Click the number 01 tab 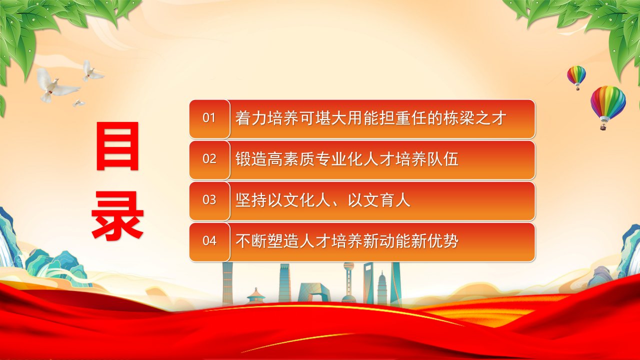tap(209, 119)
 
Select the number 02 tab tap(209, 160)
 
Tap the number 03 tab tap(209, 201)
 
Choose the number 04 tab tap(209, 242)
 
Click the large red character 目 tap(117, 146)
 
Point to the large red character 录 tap(117, 215)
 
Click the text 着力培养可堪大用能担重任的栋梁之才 tap(371, 118)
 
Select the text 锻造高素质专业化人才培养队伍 tap(347, 159)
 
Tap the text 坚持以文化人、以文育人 tap(323, 200)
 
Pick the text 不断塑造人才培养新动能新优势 tap(347, 241)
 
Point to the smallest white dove tap(78, 103)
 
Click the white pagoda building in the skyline tap(382, 287)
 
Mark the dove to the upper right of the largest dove tap(92, 71)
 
